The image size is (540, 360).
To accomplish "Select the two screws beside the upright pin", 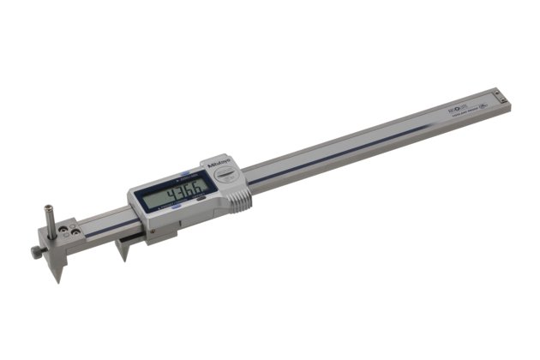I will click(75, 230).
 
